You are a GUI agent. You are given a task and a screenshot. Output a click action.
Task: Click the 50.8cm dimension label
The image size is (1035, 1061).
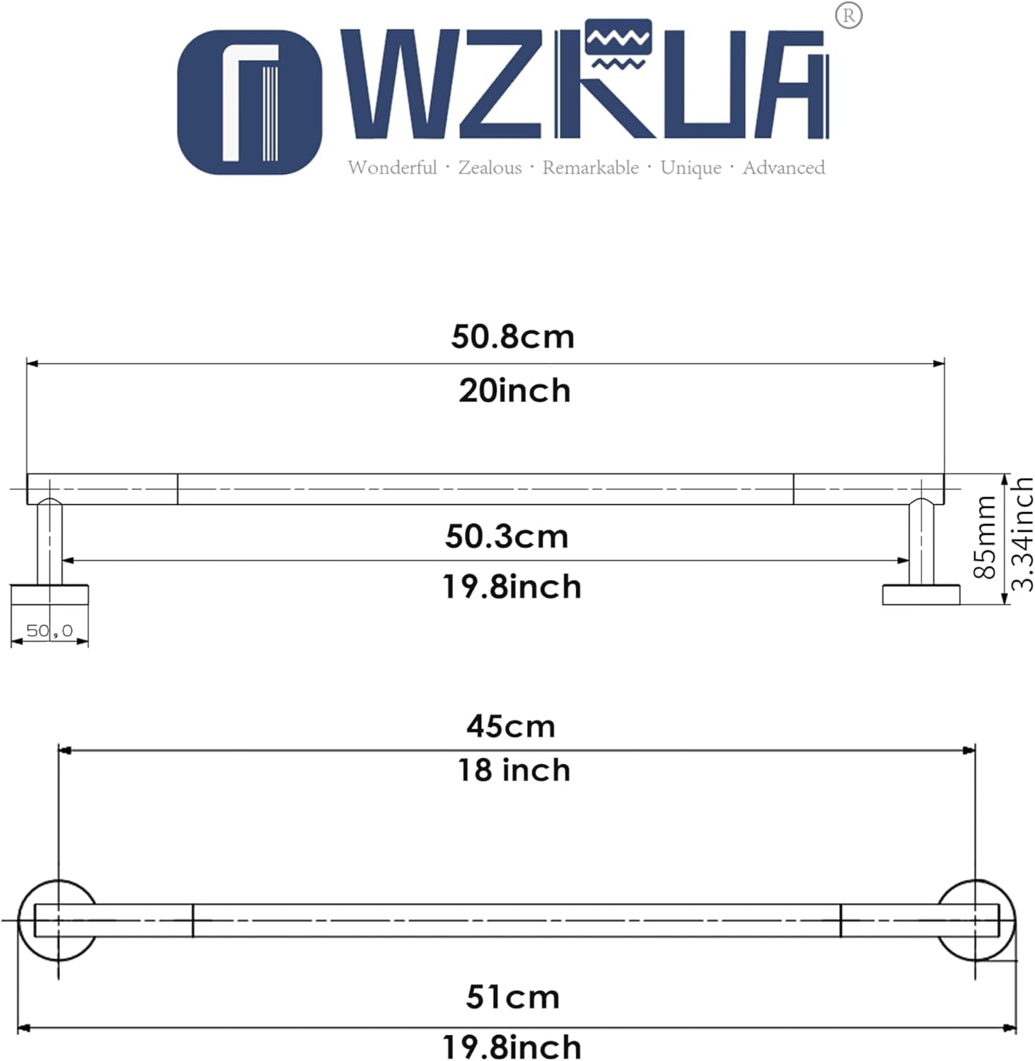coord(513,337)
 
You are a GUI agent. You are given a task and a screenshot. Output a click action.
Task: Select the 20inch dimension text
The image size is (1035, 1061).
coord(514,390)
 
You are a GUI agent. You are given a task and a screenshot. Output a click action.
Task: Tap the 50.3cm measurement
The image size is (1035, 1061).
coord(507,536)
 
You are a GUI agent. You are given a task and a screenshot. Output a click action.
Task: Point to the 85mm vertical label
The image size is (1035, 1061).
coord(985,537)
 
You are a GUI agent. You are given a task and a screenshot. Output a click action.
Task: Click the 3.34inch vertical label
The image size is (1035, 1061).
coord(1022,534)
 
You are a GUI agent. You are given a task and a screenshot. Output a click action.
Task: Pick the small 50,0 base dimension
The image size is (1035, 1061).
coord(50,630)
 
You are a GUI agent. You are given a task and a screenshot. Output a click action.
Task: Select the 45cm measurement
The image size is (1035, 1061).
coord(511,726)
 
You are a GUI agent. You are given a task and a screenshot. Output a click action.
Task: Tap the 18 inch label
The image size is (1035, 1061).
coord(514,770)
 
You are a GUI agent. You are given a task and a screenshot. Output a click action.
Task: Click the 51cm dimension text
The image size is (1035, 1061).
coord(513,997)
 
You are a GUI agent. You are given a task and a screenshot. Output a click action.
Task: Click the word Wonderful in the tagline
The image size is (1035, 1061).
coord(392,168)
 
